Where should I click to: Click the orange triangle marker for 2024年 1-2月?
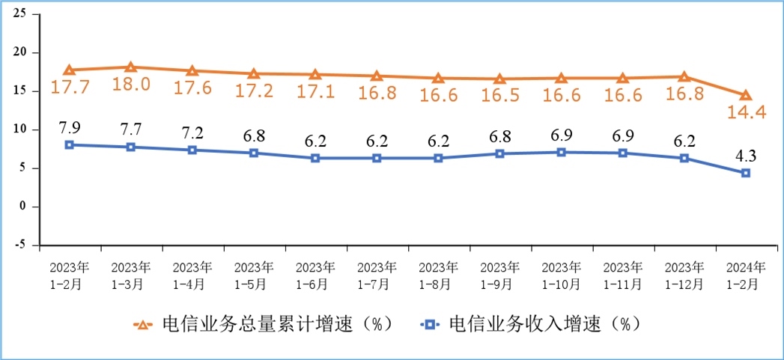(746, 95)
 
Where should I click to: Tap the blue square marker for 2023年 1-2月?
(69, 144)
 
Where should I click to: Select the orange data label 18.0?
(131, 85)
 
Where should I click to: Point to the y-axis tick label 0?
(23, 206)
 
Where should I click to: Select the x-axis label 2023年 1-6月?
(315, 275)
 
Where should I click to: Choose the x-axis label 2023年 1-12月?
(684, 275)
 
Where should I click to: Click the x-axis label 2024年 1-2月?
(745, 275)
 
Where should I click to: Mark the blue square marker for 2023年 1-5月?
(254, 153)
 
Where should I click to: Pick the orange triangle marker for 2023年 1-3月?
(130, 67)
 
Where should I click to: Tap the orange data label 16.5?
(499, 97)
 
